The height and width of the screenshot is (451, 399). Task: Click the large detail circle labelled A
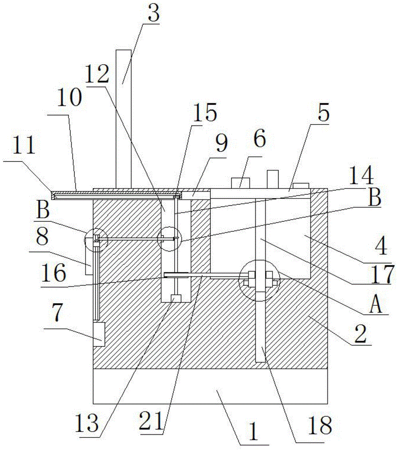click(x=260, y=280)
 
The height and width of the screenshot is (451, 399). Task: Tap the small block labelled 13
click(x=176, y=298)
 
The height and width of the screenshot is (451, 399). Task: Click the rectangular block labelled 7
click(x=99, y=334)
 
